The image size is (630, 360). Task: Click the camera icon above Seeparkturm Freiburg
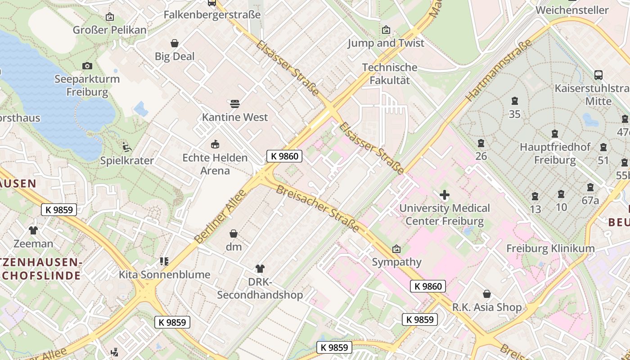(87, 66)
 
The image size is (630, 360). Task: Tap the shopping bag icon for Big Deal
(175, 43)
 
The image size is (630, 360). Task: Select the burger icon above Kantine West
(234, 104)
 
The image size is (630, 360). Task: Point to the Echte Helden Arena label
(215, 164)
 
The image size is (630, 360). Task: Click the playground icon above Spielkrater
(126, 147)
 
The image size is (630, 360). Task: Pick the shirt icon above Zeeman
(33, 230)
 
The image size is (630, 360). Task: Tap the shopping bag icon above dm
(234, 234)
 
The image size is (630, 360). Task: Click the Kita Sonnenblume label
(164, 274)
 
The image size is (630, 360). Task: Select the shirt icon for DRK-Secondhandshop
(260, 269)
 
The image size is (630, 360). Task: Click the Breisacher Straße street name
(318, 209)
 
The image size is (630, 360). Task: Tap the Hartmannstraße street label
(499, 70)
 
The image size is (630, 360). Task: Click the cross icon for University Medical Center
(445, 195)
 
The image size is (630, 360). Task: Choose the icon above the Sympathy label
(396, 249)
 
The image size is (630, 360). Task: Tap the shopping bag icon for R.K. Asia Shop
(486, 294)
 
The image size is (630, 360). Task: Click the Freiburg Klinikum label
(550, 248)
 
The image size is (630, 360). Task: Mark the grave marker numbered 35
(515, 101)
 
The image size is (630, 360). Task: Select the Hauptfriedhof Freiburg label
(555, 153)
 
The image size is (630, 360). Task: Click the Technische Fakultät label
(390, 74)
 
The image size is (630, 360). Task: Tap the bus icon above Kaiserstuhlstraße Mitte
(598, 75)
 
